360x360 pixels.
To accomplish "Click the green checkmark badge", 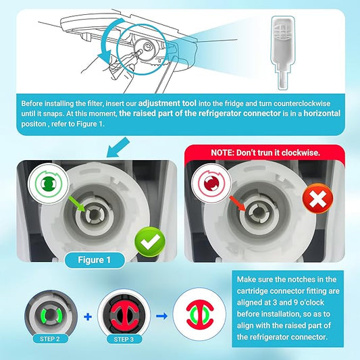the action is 150,242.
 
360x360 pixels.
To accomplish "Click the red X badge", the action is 317,199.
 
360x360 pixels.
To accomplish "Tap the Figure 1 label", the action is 95,260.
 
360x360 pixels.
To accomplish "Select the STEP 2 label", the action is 50,339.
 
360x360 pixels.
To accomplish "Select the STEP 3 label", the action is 124,339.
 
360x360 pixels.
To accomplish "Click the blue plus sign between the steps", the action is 88,317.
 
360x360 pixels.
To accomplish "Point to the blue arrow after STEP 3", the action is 161,316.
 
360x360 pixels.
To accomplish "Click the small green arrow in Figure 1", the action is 77,204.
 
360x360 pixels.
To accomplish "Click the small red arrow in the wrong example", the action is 238,203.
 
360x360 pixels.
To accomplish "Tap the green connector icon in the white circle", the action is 49,184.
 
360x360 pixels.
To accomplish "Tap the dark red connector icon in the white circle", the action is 211,184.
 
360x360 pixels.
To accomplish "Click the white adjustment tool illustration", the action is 282,53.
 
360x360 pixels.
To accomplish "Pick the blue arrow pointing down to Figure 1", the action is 118,147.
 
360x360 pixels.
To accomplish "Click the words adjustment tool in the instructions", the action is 167,103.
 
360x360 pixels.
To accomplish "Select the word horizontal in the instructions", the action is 322,113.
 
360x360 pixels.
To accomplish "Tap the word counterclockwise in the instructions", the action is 302,103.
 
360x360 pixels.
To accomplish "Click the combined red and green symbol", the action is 200,315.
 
